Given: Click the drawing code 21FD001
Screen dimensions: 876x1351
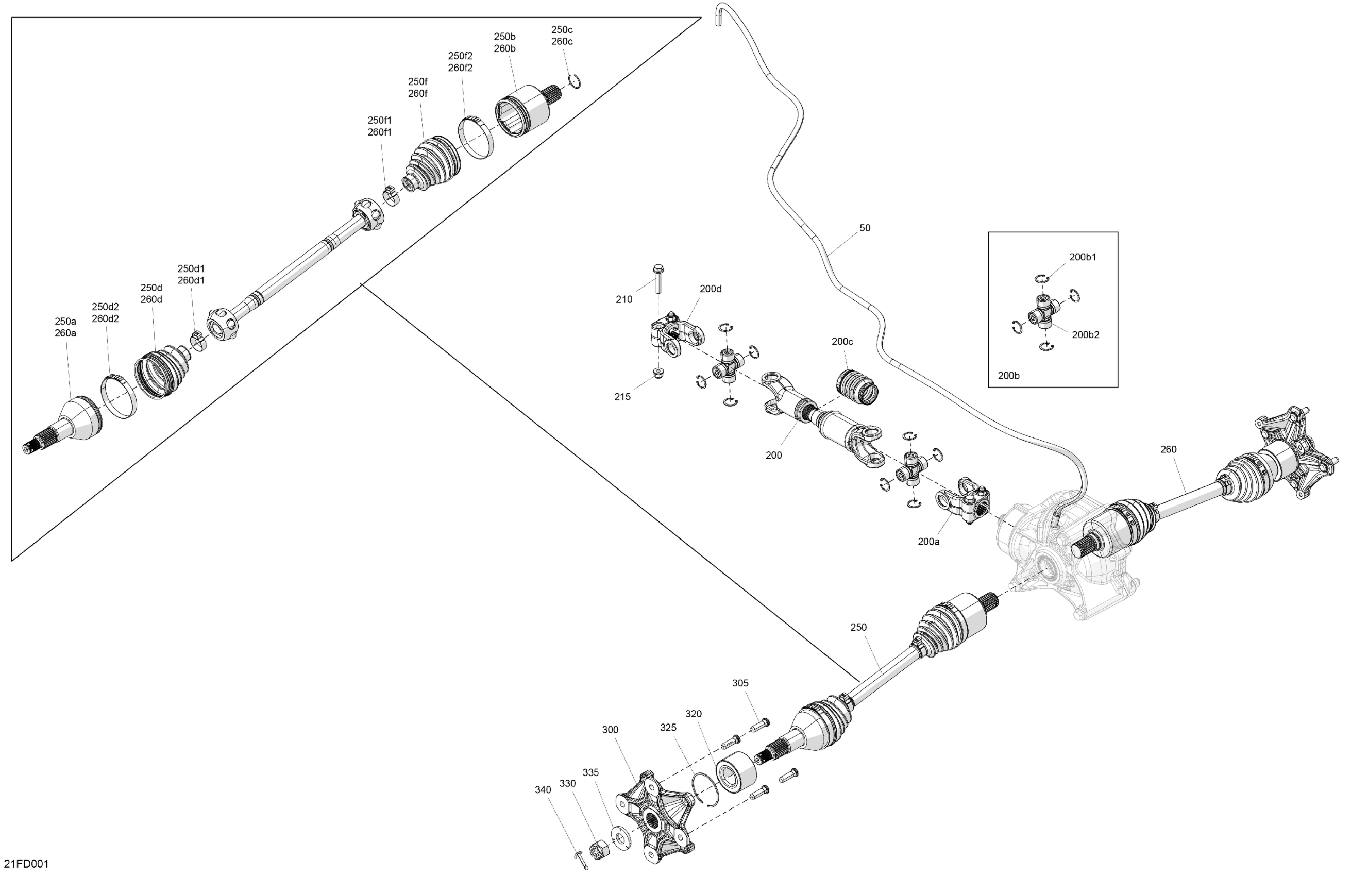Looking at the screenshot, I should (26, 864).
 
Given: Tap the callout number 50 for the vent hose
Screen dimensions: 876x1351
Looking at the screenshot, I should (864, 228).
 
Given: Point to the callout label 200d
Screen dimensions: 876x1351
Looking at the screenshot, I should (710, 289).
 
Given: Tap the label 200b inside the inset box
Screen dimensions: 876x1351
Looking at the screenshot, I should (1008, 375).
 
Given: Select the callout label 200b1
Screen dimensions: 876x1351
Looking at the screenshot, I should (1083, 257).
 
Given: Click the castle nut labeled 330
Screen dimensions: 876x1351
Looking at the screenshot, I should (599, 850).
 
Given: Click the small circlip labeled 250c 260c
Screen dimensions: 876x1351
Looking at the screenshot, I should (575, 82).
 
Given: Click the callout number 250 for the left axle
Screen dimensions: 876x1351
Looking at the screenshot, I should (858, 627).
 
